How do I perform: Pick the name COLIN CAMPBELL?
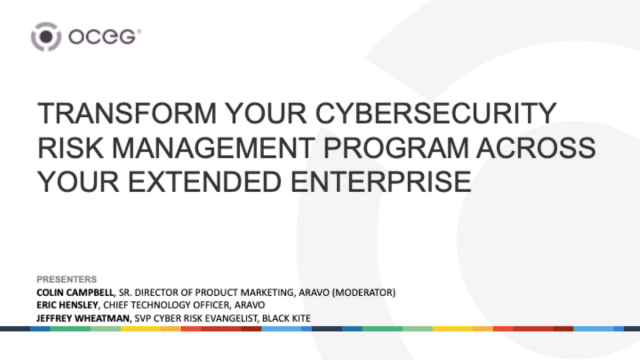point(75,293)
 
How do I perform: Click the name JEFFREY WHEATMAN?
point(83,318)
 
